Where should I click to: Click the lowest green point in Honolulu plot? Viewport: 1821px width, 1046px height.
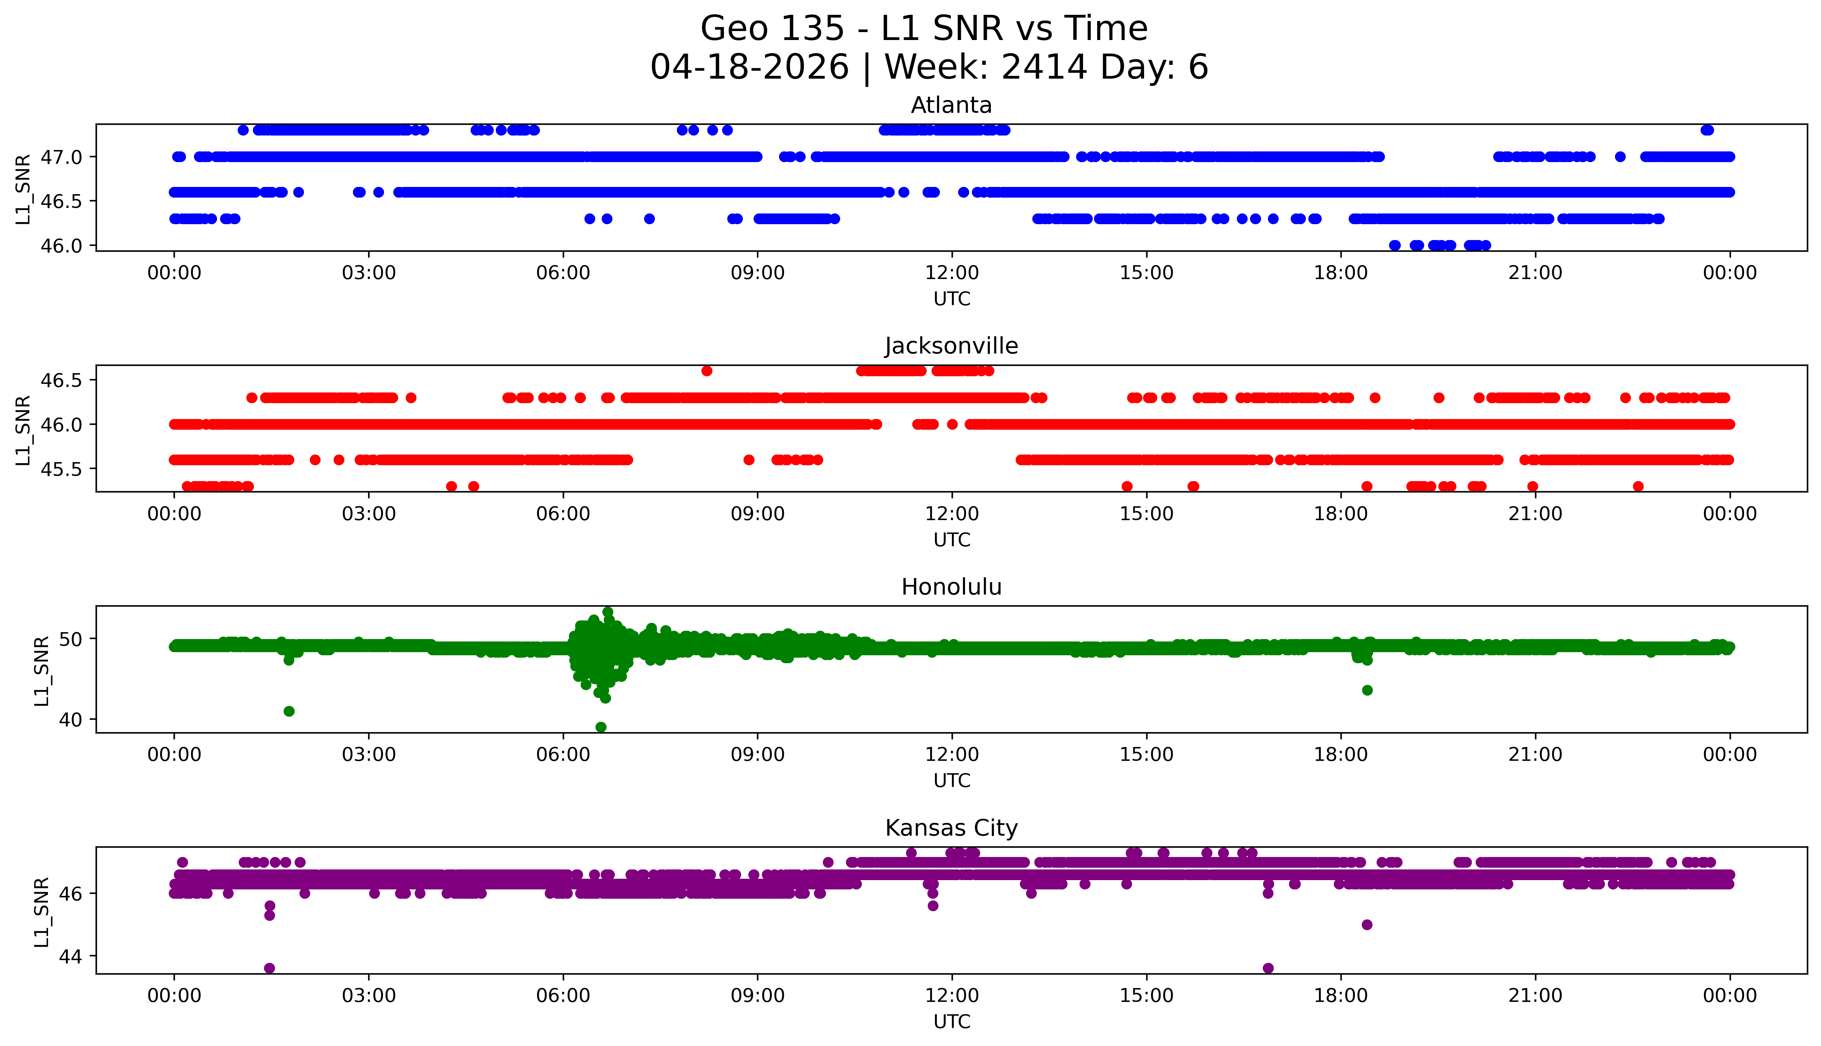click(601, 727)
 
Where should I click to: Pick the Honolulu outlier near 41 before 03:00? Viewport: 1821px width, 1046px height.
click(289, 711)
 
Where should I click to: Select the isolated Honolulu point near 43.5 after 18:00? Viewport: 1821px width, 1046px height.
click(1367, 690)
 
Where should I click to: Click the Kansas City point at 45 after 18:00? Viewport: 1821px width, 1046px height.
click(1367, 925)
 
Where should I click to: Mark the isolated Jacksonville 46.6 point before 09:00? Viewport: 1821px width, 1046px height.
click(706, 371)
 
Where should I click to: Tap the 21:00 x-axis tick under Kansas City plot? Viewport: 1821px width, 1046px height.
click(1535, 996)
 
